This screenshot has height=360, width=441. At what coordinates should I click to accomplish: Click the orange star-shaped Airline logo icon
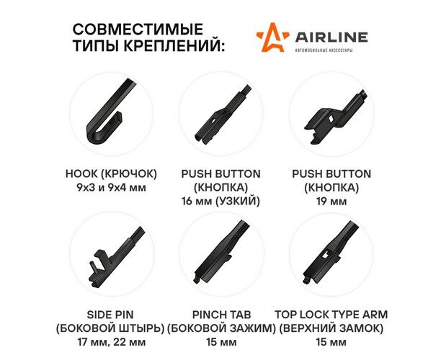coord(272,37)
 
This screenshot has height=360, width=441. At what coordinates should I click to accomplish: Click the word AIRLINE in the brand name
coord(331,37)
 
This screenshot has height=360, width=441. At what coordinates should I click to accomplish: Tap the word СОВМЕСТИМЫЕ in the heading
coord(138,30)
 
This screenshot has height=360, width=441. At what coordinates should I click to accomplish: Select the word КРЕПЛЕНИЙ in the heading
coord(174,45)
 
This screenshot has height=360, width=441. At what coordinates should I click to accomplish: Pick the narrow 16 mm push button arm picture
coord(222,115)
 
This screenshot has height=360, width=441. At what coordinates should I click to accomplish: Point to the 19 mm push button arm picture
coord(334,115)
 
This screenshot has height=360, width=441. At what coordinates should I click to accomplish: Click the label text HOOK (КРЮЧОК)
coord(111,174)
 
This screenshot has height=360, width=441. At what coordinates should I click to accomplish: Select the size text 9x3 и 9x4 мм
coord(111,187)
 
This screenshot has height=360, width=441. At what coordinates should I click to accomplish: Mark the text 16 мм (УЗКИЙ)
coord(220,201)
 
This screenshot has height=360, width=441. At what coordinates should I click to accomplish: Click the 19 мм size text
coord(331,202)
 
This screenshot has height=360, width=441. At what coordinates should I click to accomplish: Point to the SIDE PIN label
coord(110,315)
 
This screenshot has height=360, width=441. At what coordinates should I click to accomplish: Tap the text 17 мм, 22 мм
coord(112,342)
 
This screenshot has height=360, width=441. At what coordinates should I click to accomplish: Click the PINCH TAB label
coord(221,315)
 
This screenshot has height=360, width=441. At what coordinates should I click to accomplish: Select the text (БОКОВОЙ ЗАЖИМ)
coord(221,328)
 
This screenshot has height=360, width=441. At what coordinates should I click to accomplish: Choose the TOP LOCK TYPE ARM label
coord(331,315)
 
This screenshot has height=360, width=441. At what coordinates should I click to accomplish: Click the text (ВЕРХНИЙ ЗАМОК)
coord(331,328)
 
